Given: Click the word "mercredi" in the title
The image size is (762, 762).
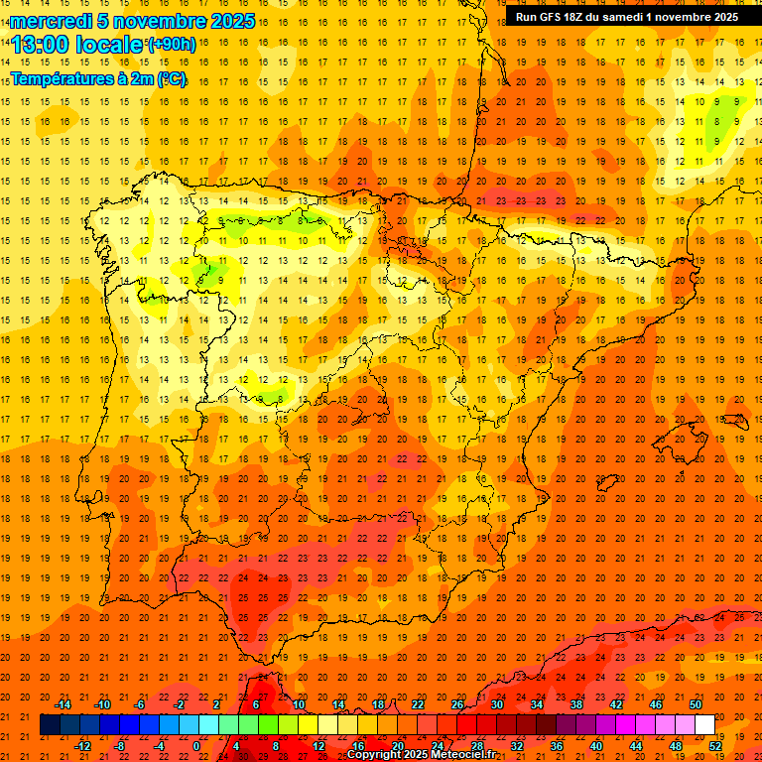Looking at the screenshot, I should [x=51, y=21].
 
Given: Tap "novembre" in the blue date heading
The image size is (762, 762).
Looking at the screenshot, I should [x=149, y=21].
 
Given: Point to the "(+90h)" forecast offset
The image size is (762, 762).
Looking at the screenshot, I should [x=172, y=45].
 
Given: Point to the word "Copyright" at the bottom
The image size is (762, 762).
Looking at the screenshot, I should [x=374, y=755].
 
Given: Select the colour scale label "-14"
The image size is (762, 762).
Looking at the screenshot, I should [x=63, y=704].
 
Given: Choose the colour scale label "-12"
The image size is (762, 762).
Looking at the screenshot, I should [x=83, y=746].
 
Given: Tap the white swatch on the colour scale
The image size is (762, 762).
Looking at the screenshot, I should [x=704, y=725].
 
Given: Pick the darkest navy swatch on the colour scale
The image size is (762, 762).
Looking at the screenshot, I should [x=50, y=725].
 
